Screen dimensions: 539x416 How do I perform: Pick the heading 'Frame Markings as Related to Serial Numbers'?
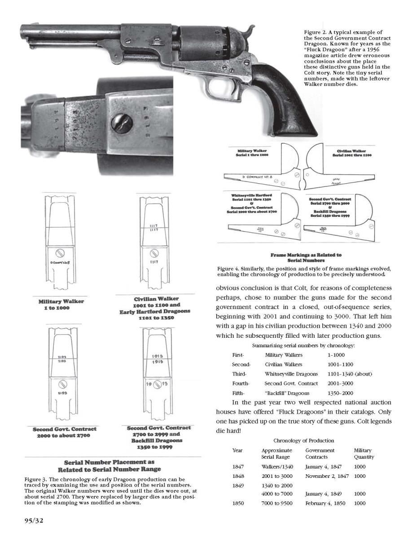point(306,258)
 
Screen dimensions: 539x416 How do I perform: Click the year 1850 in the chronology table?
point(238,504)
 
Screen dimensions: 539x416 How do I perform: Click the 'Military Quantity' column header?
point(363,454)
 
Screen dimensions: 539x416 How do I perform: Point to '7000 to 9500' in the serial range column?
point(277,504)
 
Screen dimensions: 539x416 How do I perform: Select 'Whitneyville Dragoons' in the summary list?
point(291,374)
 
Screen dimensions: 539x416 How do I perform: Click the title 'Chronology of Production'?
point(303,441)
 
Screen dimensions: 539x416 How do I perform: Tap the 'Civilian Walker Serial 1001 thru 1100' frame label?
point(352,153)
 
